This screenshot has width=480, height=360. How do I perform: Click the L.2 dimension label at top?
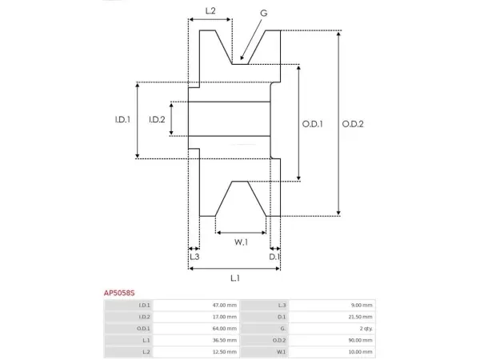[x=210, y=11]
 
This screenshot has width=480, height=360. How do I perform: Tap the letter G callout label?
[x=263, y=13]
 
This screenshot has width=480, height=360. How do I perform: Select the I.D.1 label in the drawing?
[x=122, y=119]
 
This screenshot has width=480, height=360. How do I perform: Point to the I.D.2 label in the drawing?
[x=157, y=119]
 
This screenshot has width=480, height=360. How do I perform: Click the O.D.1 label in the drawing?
[x=312, y=124]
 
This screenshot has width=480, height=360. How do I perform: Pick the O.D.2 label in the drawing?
[x=353, y=124]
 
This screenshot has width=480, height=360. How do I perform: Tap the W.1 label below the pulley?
[x=241, y=242]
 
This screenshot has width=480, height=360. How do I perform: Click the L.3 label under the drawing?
[x=194, y=257]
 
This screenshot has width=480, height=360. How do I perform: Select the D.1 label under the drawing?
[x=274, y=257]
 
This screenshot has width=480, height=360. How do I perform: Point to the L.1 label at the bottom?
[x=234, y=278]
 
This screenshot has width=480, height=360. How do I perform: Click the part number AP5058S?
[x=119, y=293]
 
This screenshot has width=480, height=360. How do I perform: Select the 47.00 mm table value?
[x=224, y=306]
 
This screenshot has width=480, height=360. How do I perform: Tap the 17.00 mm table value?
[x=224, y=317]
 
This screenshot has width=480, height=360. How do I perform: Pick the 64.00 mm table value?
[x=224, y=329]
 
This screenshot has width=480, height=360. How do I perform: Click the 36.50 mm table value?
[x=224, y=340]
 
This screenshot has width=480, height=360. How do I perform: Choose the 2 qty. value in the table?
[x=366, y=329]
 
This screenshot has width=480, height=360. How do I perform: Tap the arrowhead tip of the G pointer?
[x=241, y=60]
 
